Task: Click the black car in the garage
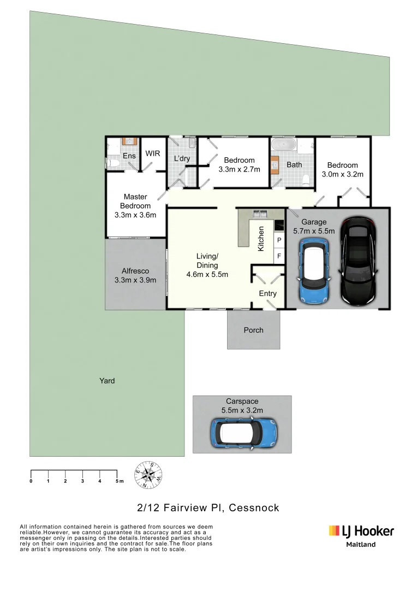358,261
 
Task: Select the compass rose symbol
148,474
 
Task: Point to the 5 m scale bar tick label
118,481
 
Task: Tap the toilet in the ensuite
112,163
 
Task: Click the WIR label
153,154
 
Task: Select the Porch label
253,330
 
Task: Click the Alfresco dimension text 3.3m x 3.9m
135,280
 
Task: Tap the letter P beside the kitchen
279,240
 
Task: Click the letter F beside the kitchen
279,256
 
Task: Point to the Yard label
107,381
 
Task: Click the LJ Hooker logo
361,531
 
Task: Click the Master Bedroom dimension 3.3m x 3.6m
135,215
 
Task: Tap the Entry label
267,293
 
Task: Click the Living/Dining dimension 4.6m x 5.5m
207,274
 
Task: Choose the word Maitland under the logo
361,544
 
